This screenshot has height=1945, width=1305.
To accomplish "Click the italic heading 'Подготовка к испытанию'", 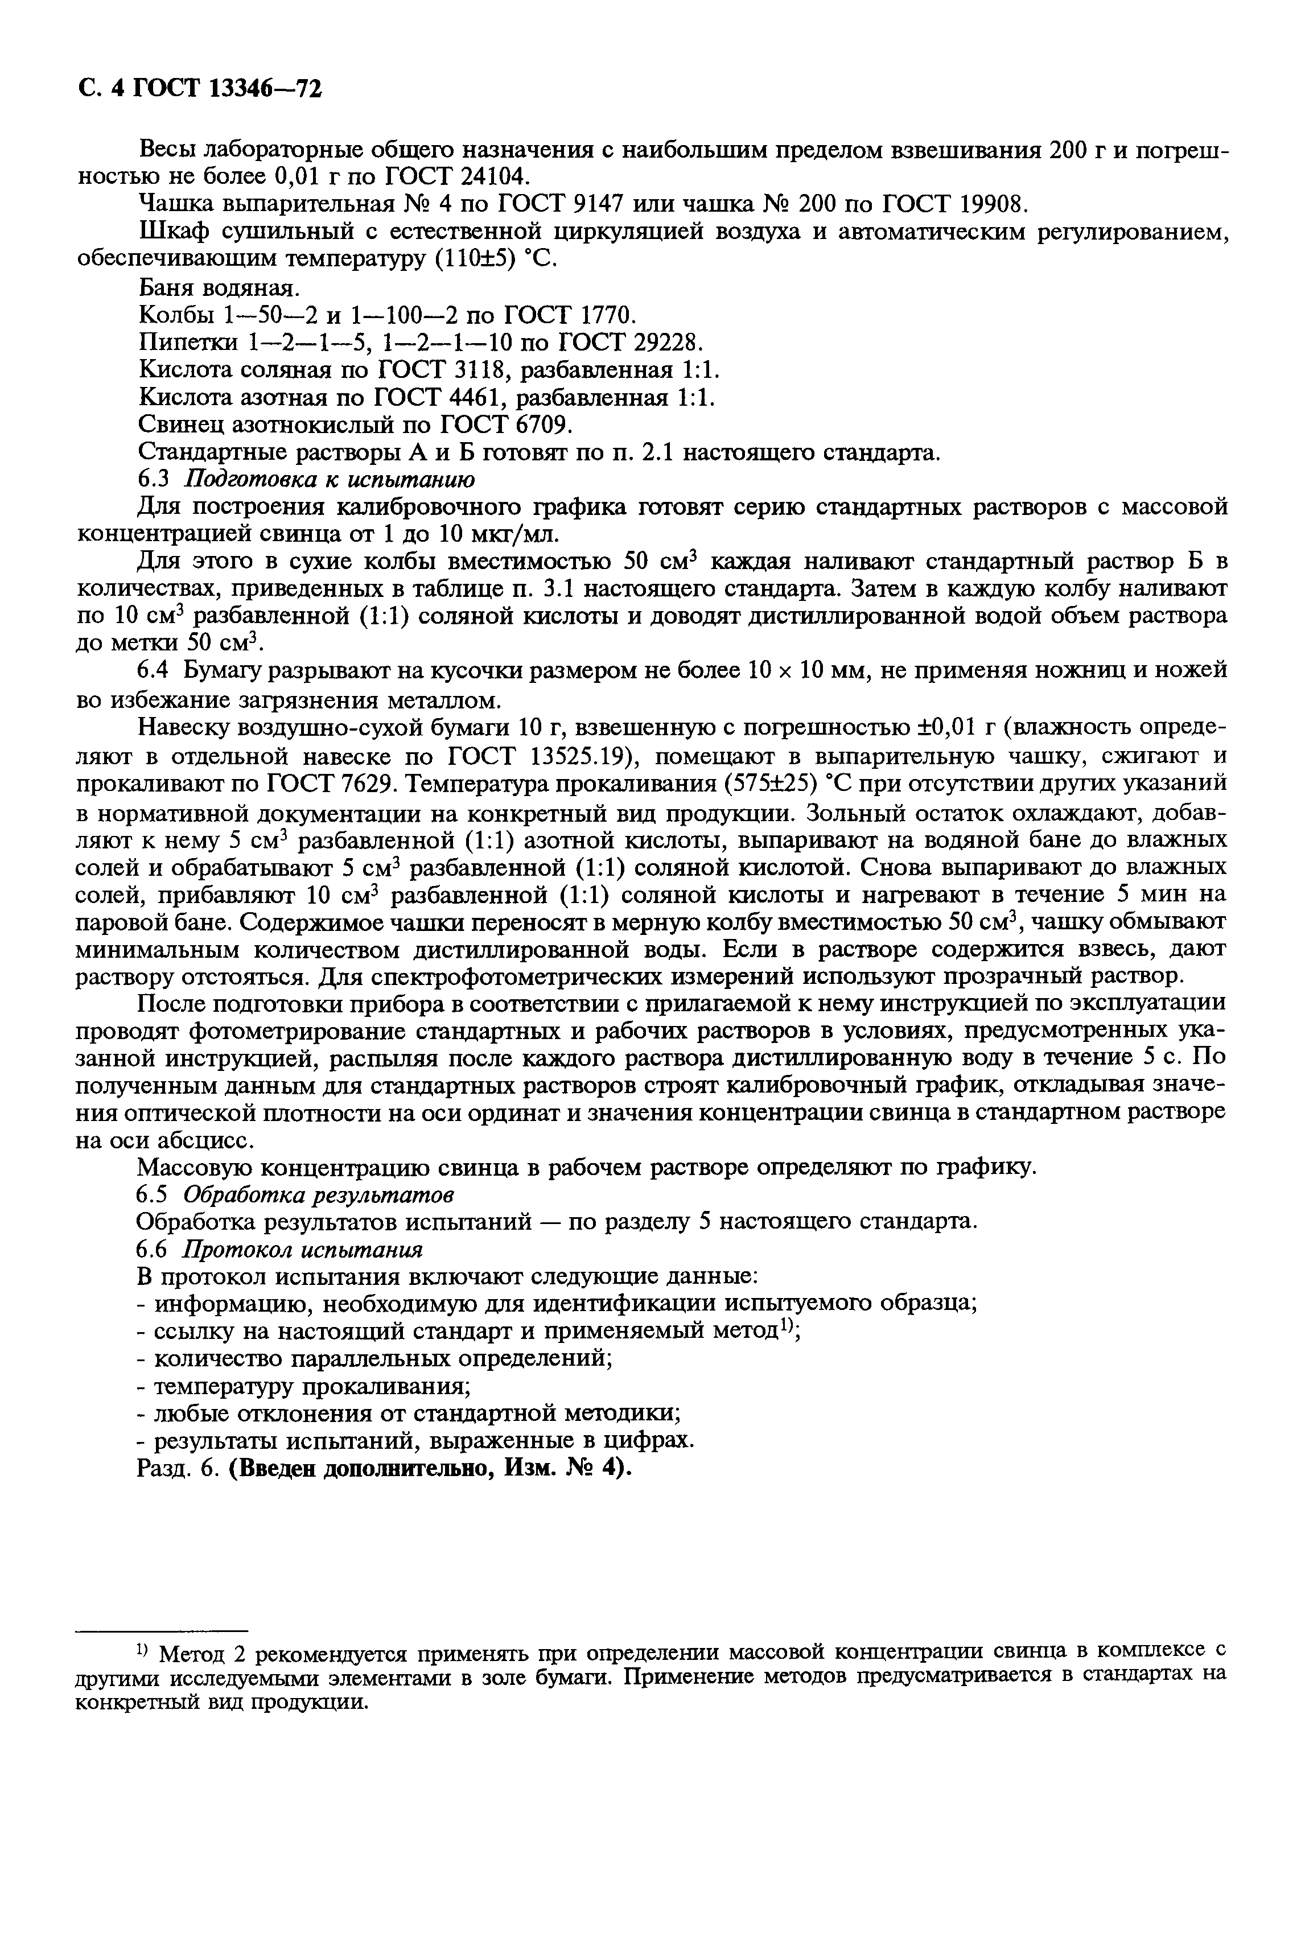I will [330, 480].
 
